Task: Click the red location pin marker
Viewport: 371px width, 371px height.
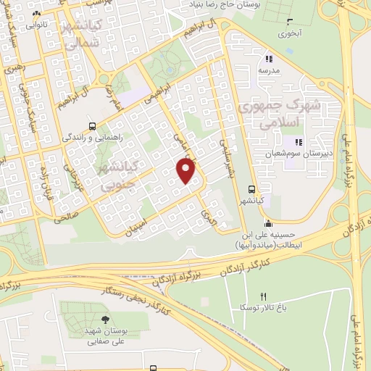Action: [187, 171]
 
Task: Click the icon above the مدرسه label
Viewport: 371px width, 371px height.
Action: [268, 59]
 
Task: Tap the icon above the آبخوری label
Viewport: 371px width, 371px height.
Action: [290, 22]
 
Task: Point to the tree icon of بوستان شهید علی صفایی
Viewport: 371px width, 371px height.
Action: [106, 319]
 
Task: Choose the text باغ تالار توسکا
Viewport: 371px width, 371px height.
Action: [263, 307]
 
